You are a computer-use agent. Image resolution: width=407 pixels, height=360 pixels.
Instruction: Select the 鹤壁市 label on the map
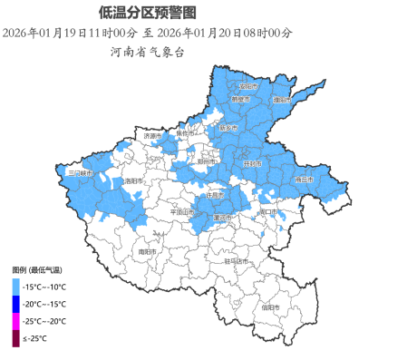(x=240, y=99)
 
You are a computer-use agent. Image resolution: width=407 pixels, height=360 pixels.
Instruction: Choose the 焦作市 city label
(x=185, y=133)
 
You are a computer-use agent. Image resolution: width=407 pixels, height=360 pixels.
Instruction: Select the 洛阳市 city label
(x=135, y=180)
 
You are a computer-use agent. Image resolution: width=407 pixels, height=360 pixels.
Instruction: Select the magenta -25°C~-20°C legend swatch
(x=15, y=321)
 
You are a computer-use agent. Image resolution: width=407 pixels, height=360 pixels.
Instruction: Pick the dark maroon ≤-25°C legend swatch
(x=15, y=338)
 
